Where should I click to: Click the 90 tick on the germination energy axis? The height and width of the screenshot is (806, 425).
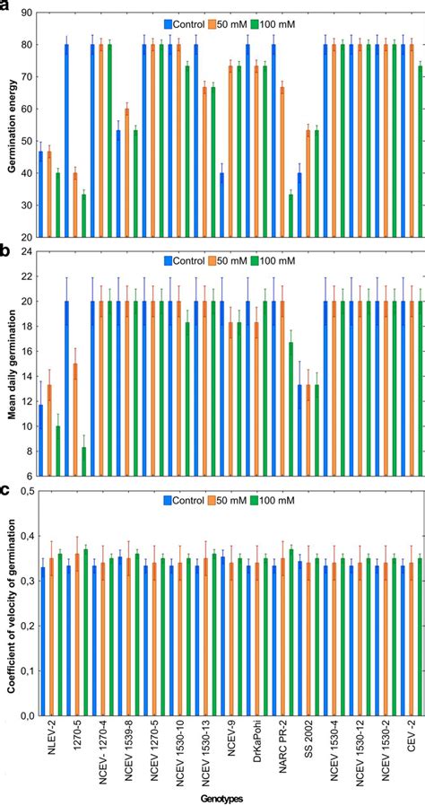(x=23, y=14)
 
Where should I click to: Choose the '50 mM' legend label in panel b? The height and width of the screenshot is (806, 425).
(x=226, y=262)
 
